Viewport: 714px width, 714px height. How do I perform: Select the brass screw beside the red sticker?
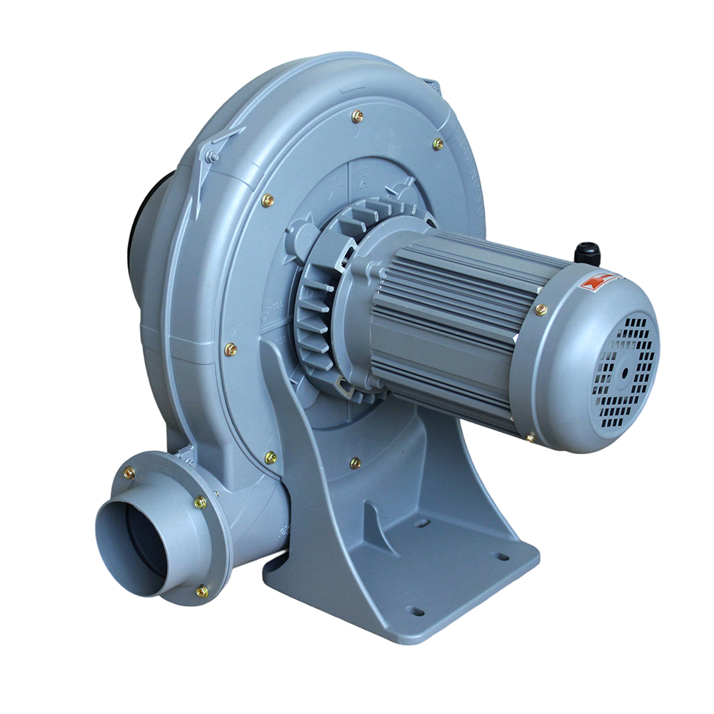point(540,309)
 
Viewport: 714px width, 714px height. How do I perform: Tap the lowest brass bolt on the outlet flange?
point(202,590)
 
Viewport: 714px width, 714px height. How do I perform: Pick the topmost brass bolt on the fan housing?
point(358,116)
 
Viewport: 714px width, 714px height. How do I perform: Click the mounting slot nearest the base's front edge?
point(414,611)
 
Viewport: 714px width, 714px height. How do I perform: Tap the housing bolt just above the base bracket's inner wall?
point(355,463)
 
